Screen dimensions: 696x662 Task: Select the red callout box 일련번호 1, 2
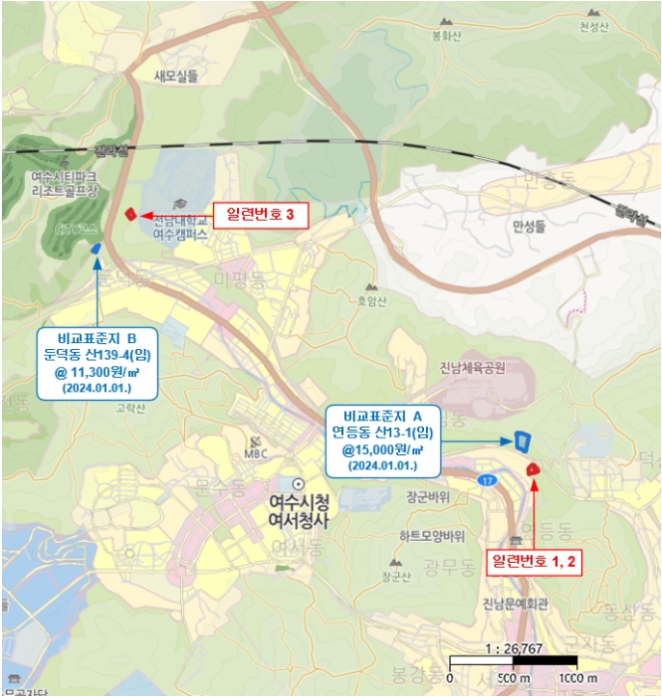pos(536,561)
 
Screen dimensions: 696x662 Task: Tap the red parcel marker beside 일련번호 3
pos(129,213)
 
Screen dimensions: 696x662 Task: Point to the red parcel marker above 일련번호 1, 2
pos(533,467)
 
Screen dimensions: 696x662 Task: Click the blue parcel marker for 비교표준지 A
pos(522,439)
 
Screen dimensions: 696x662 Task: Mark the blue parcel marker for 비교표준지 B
pos(96,248)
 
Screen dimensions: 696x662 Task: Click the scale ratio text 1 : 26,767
pos(512,646)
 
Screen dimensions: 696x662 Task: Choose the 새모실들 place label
pos(176,75)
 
